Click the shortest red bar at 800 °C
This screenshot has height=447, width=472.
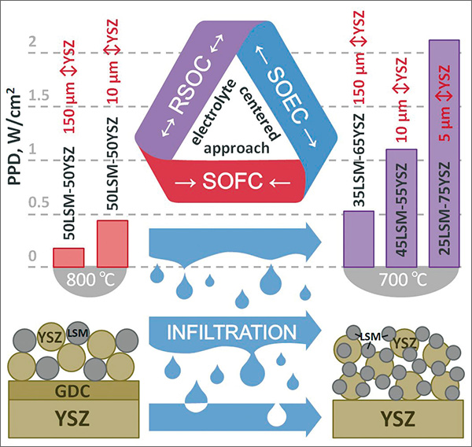tap(68, 257)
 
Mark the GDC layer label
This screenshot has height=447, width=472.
tap(73, 390)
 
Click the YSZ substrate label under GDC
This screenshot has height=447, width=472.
tap(72, 417)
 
